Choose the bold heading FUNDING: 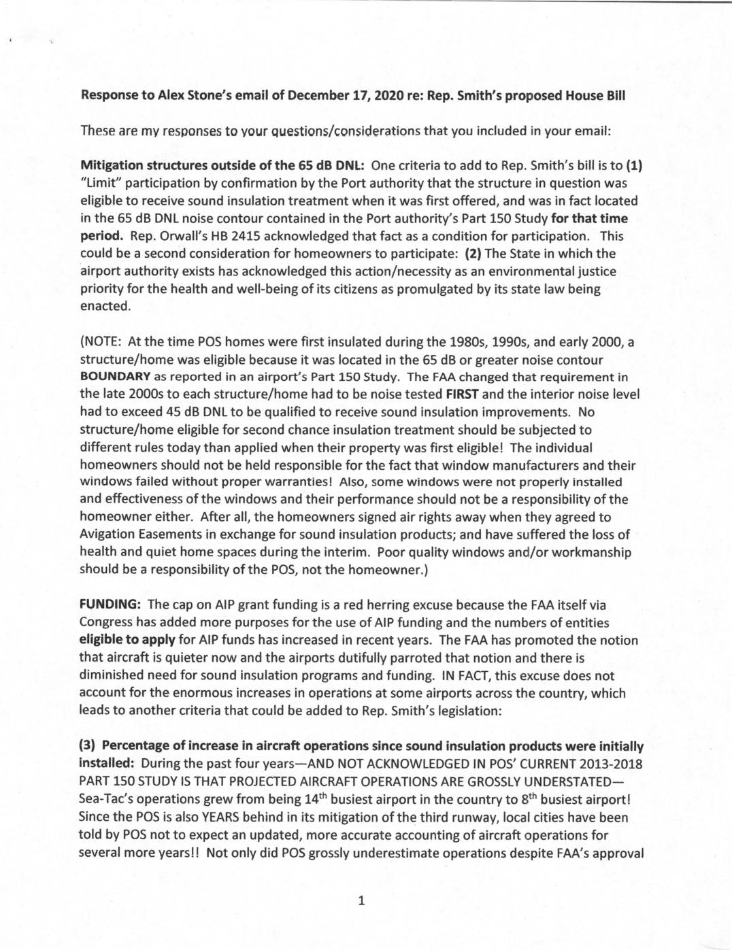click(x=110, y=605)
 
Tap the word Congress click(x=106, y=622)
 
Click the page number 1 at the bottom click(x=361, y=902)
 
